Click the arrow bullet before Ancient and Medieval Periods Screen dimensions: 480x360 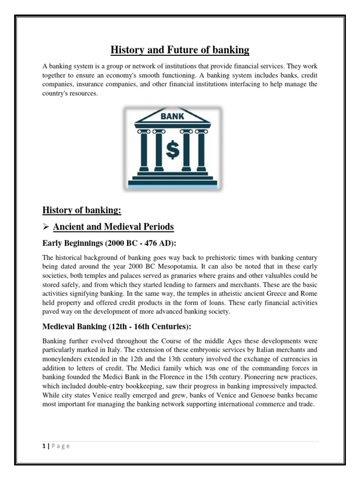pyautogui.click(x=46, y=227)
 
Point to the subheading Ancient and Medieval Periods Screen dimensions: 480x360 pyautogui.click(x=113, y=227)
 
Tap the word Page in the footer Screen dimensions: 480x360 pyautogui.click(x=60, y=446)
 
